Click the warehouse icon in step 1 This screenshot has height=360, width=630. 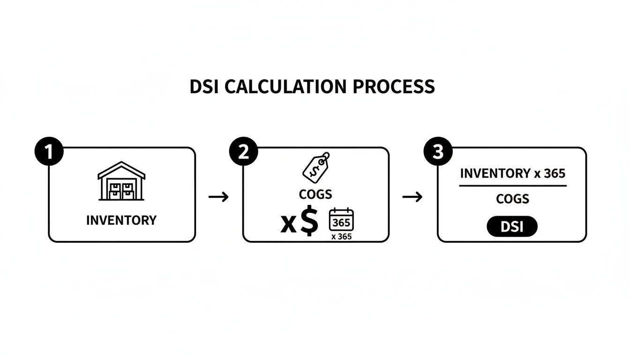pyautogui.click(x=121, y=181)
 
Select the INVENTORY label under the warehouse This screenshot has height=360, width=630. pyautogui.click(x=121, y=220)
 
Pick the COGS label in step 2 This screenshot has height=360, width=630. pyautogui.click(x=315, y=194)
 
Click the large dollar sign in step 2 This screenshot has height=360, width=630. pyautogui.click(x=308, y=222)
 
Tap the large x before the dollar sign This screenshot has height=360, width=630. pyautogui.click(x=288, y=224)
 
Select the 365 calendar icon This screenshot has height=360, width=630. pyautogui.click(x=342, y=219)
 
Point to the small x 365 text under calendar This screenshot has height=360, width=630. pyautogui.click(x=341, y=237)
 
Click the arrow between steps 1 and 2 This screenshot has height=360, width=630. pyautogui.click(x=218, y=197)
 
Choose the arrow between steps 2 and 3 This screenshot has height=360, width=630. pyautogui.click(x=412, y=197)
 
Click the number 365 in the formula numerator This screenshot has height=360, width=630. pyautogui.click(x=555, y=173)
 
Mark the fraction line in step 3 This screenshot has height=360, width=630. pyautogui.click(x=513, y=186)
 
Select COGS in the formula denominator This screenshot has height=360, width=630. pyautogui.click(x=513, y=199)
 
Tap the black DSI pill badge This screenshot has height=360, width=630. pyautogui.click(x=512, y=227)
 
